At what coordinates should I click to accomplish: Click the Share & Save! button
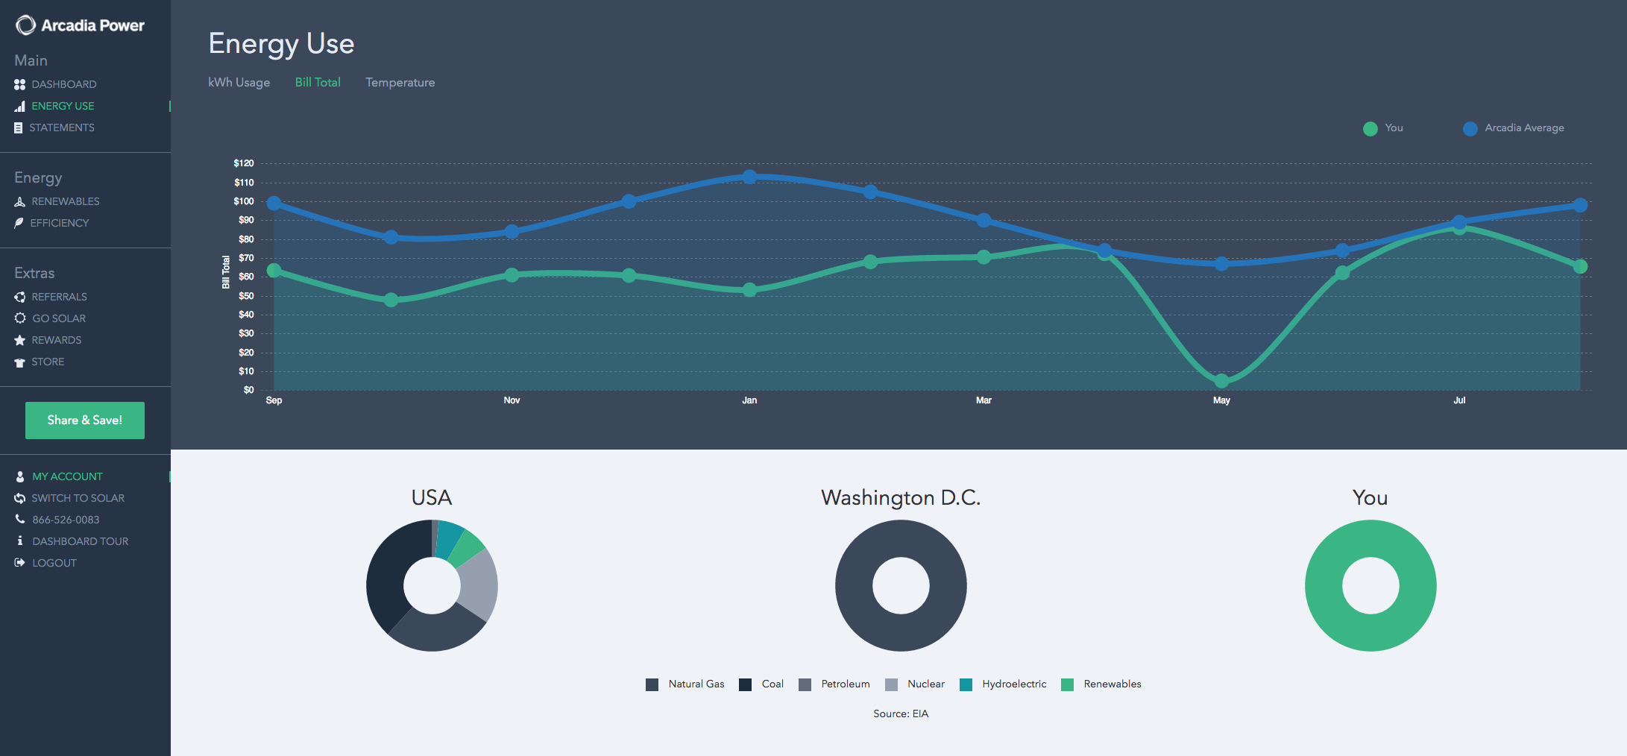click(x=85, y=420)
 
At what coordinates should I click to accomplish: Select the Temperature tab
click(x=400, y=83)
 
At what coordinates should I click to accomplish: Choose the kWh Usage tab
click(x=239, y=83)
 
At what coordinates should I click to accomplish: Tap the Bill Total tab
click(x=318, y=83)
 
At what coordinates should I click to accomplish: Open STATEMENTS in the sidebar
click(x=61, y=128)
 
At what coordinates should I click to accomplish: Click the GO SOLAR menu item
click(x=58, y=319)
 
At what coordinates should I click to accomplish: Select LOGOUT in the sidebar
click(x=54, y=564)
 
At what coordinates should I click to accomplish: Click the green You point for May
click(x=1221, y=381)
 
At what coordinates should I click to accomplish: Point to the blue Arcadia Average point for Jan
click(x=749, y=177)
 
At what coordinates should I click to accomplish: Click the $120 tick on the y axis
click(x=244, y=163)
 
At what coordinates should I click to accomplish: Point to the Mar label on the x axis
click(x=984, y=401)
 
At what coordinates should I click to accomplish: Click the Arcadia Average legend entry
click(x=1523, y=128)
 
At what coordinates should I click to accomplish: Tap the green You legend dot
click(x=1370, y=129)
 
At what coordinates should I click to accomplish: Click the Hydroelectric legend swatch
click(x=966, y=685)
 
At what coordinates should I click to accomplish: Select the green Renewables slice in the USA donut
click(x=467, y=549)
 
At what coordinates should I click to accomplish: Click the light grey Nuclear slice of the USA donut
click(x=479, y=585)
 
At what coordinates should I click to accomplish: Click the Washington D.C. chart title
click(x=901, y=498)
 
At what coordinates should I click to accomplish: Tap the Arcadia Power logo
click(x=80, y=25)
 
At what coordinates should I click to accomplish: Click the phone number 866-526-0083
click(x=66, y=520)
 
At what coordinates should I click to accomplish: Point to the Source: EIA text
click(x=901, y=714)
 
